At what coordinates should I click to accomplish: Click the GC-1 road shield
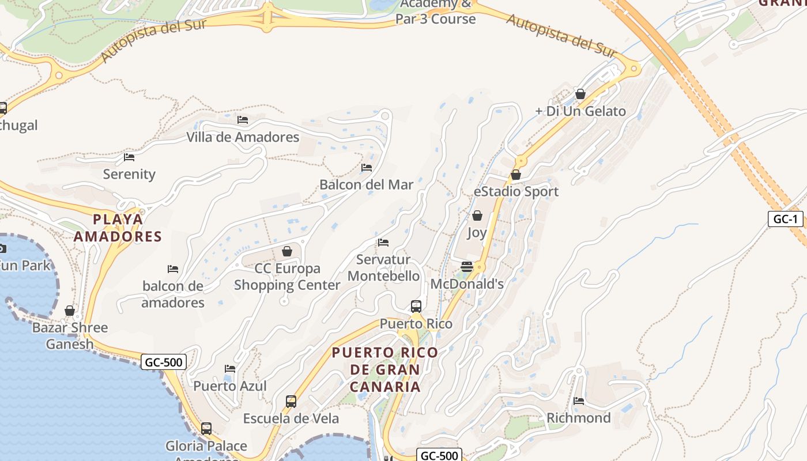point(785,219)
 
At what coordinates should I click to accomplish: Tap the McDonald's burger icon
point(467,266)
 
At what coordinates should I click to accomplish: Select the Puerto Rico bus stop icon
point(416,306)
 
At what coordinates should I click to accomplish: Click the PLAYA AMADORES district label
point(118,228)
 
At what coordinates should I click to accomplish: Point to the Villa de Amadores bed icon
point(243,120)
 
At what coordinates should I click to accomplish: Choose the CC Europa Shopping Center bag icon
point(287,251)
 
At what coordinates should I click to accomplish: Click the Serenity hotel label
point(129,174)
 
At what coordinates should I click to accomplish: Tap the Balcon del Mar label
point(367,185)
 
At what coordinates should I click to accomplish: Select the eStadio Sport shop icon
point(516,175)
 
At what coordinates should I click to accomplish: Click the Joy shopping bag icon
point(477,216)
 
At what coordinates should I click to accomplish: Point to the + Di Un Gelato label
point(580,111)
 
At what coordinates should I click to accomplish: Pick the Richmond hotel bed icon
point(579,401)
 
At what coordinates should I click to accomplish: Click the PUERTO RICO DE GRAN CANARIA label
point(385,369)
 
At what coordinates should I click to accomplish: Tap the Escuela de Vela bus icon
point(291,401)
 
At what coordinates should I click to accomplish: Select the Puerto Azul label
point(230,386)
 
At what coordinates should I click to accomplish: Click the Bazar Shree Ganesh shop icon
point(70,311)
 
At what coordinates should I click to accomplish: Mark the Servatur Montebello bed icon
point(383,243)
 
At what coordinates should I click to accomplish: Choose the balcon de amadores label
point(173,294)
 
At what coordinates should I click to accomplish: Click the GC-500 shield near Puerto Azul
point(164,362)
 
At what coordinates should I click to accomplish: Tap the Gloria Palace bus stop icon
point(206,429)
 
